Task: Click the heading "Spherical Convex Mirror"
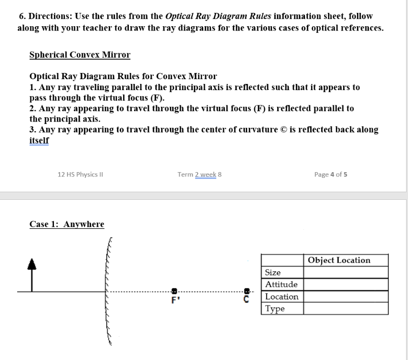click(x=80, y=54)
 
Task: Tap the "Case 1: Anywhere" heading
click(x=67, y=224)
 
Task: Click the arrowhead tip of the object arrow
click(x=32, y=261)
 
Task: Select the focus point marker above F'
click(x=175, y=290)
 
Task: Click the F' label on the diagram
click(x=175, y=301)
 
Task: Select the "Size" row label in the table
click(x=273, y=273)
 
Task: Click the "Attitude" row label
click(x=282, y=285)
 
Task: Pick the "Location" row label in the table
click(x=282, y=297)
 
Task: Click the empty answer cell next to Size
click(x=345, y=273)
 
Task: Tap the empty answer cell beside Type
click(x=345, y=309)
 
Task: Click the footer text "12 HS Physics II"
click(x=80, y=174)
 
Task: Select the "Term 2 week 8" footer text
click(x=199, y=174)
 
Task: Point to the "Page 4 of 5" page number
click(x=331, y=174)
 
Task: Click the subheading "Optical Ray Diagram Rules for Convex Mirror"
click(x=123, y=76)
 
